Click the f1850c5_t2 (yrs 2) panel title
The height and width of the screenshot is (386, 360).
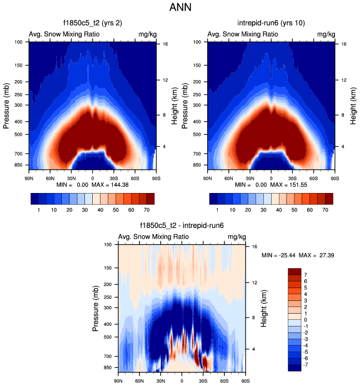[92, 24]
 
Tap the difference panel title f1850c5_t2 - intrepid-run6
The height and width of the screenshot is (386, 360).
[182, 226]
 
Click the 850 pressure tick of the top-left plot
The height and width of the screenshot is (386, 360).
[18, 165]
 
